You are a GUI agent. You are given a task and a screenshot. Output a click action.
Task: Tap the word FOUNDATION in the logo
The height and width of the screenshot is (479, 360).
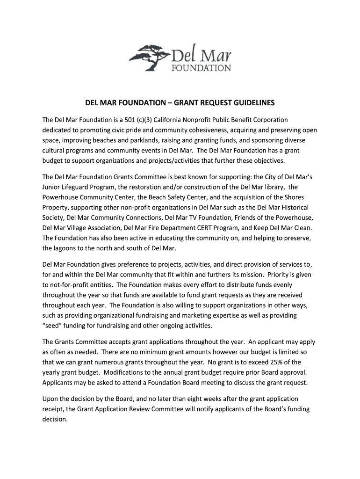click(202, 68)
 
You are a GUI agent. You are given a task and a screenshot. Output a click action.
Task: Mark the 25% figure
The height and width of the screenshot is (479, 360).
click(270, 362)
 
